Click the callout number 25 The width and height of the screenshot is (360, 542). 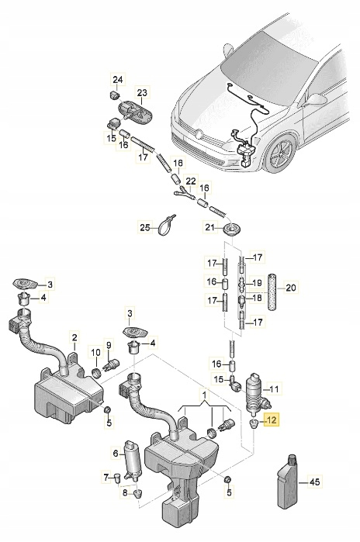[144, 227]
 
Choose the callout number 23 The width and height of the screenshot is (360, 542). [143, 92]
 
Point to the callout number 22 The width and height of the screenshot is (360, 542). [190, 181]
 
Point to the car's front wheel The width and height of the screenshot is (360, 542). [279, 153]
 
